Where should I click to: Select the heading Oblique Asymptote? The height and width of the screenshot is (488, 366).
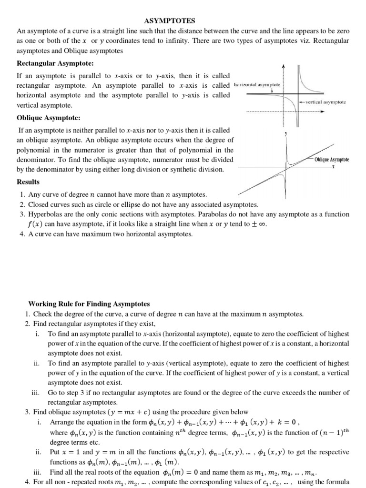49,118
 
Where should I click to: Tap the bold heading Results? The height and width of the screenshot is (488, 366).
28,182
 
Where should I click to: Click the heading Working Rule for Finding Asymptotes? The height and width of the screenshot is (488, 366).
89,304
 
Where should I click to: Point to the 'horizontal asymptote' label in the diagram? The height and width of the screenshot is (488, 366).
257,84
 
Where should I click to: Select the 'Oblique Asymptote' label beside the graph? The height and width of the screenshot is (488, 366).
332,159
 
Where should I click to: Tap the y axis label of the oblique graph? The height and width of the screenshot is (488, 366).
285,134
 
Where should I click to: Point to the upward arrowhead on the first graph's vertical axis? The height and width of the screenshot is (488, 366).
283,66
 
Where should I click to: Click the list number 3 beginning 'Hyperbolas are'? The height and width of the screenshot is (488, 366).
22,214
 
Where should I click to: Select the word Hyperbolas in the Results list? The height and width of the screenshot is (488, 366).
44,214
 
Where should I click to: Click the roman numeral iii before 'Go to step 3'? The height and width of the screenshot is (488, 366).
35,392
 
